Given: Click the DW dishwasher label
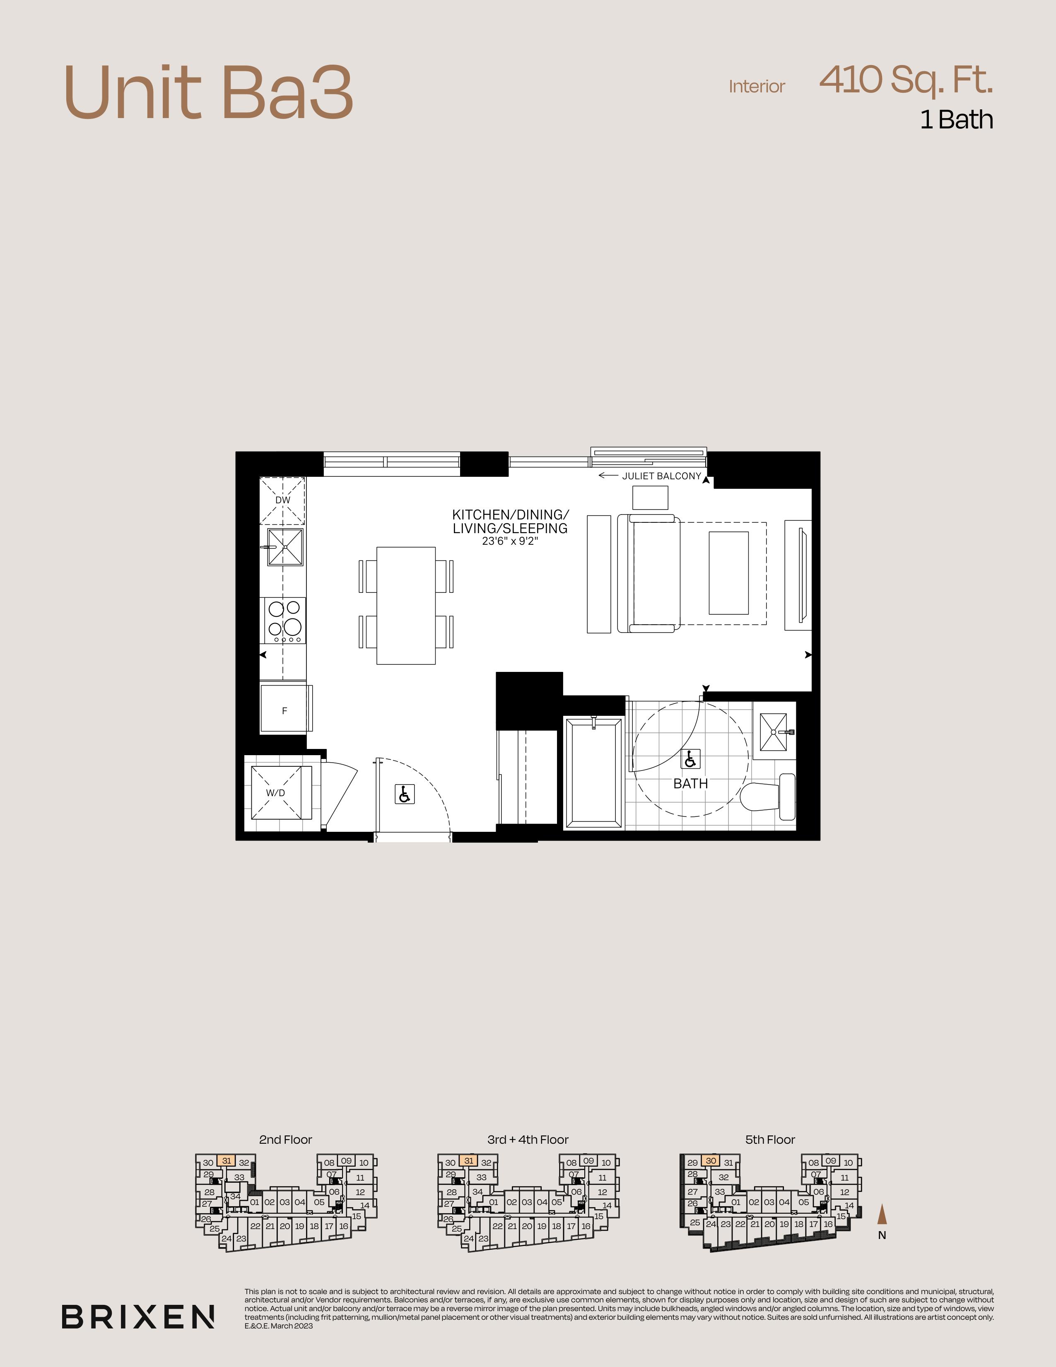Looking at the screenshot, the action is pos(283,500).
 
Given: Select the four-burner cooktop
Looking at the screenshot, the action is pos(284,620).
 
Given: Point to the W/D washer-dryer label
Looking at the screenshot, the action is pos(275,792).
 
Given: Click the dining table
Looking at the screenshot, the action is pos(406,605).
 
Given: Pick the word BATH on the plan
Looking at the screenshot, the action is pos(691,783).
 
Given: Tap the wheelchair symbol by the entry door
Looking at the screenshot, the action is pos(405,794).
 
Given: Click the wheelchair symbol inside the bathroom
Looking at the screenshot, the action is pos(691,759).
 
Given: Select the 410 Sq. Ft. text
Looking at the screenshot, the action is pos(906,80).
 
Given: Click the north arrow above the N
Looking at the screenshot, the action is pos(882,1214).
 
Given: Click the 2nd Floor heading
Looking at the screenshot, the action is pos(285,1140).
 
